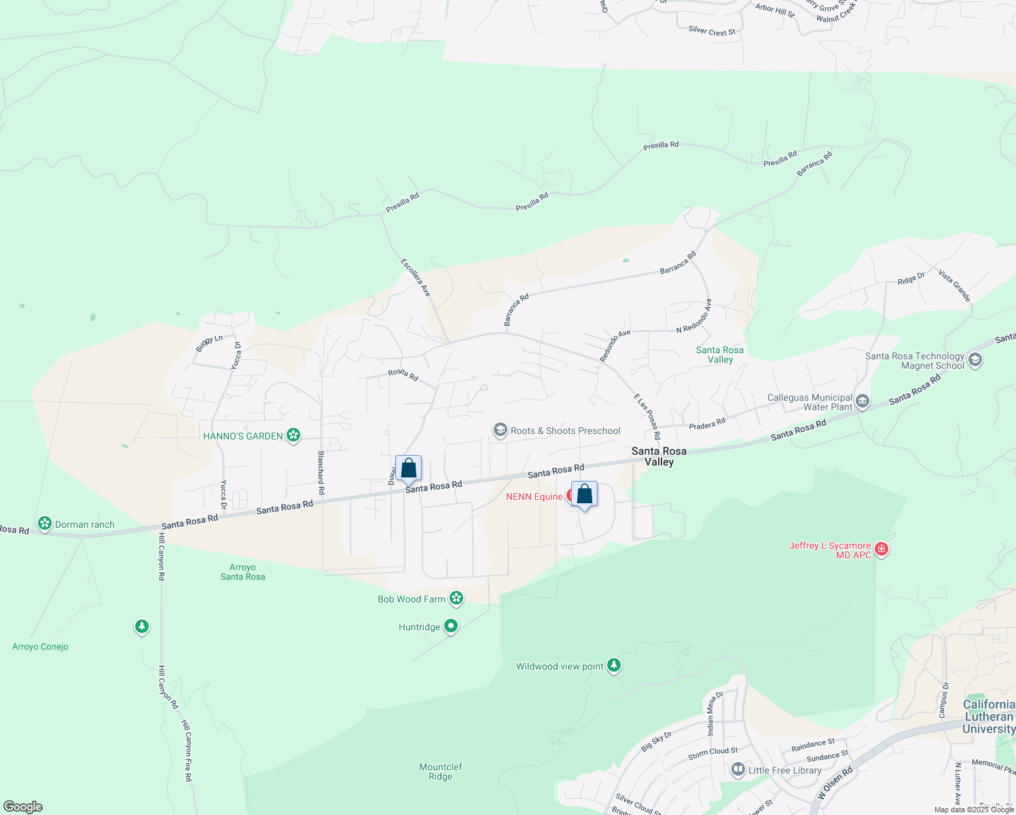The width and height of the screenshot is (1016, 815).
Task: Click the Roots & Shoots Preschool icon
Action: click(501, 431)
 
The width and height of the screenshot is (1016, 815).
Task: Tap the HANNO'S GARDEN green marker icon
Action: click(293, 435)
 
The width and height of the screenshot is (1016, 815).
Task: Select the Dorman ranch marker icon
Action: click(45, 524)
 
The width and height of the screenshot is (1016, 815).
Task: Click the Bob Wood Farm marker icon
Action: click(456, 598)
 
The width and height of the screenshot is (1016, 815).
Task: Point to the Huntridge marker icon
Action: click(451, 626)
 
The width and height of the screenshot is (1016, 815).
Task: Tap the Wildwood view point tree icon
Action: click(614, 666)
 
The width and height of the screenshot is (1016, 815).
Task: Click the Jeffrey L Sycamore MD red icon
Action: click(882, 549)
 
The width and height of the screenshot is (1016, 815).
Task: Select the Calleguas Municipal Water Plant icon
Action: click(863, 402)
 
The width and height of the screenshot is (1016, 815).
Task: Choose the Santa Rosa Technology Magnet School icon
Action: click(975, 360)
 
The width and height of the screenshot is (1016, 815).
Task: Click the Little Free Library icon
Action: click(738, 769)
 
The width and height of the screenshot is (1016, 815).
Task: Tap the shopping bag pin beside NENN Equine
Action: click(584, 495)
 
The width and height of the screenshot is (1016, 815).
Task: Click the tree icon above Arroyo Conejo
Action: click(141, 626)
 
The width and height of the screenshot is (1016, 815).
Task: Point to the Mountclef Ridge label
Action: click(441, 772)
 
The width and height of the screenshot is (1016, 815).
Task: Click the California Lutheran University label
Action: click(989, 717)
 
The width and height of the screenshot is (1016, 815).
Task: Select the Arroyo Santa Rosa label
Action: click(243, 572)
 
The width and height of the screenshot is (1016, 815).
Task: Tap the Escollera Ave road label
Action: click(416, 277)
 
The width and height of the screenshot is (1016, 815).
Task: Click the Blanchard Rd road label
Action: click(321, 473)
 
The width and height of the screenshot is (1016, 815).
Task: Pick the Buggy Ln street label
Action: click(209, 344)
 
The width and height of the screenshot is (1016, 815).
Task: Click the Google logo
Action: click(23, 806)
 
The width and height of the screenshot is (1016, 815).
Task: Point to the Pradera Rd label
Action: click(707, 424)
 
